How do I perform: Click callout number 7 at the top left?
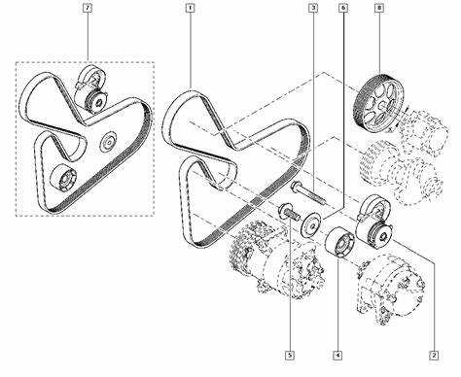[x=88, y=8]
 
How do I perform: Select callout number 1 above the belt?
[x=190, y=8]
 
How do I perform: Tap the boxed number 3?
[x=313, y=8]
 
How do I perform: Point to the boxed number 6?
[x=343, y=8]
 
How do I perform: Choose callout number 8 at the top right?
[x=379, y=8]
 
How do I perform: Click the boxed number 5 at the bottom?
[x=290, y=356]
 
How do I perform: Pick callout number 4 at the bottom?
[x=337, y=356]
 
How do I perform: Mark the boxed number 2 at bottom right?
[x=434, y=356]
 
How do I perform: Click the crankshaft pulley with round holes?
[x=378, y=103]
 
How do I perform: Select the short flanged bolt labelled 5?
[x=289, y=211]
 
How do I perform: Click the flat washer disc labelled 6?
[x=311, y=225]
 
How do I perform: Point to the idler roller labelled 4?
[x=339, y=243]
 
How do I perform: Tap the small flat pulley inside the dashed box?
[x=108, y=142]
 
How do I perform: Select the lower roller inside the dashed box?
[x=63, y=178]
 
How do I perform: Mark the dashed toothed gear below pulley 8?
[x=377, y=162]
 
